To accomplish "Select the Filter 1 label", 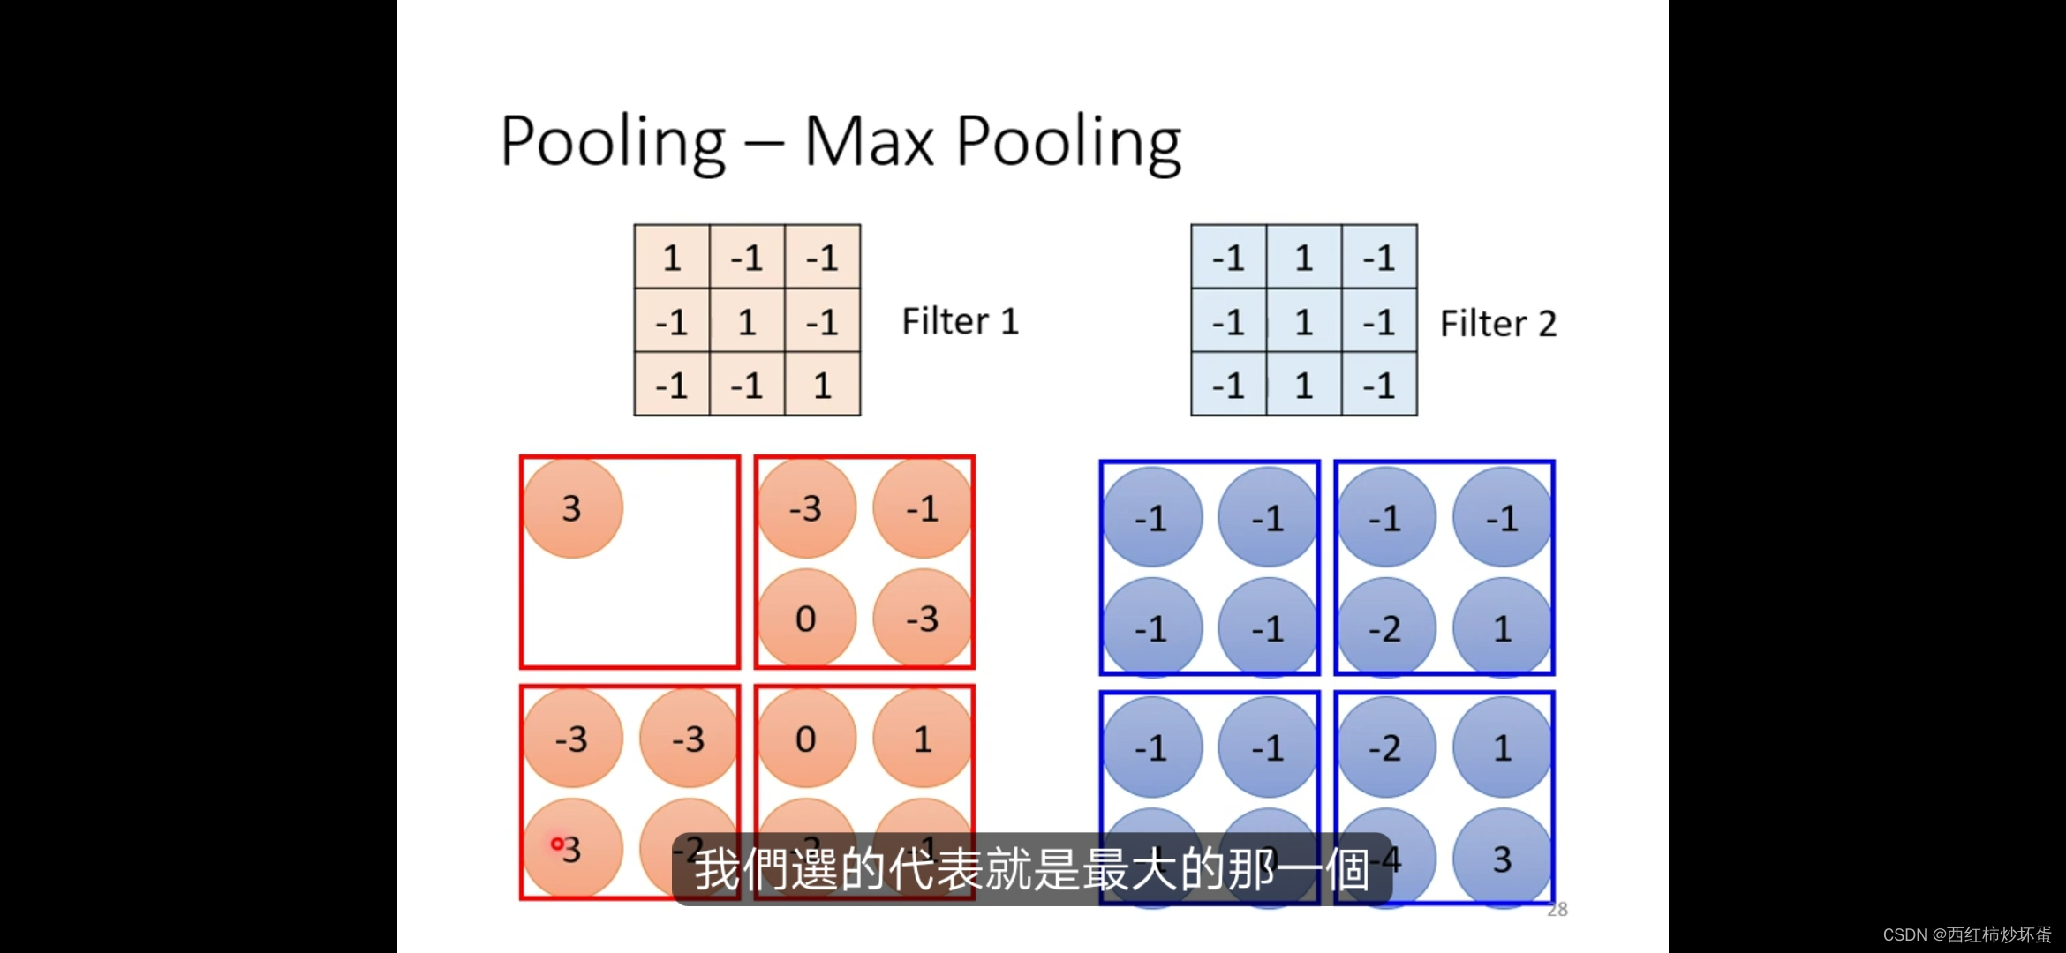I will tap(961, 321).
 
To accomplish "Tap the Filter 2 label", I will tap(1498, 324).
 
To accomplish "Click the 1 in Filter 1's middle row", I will tap(747, 322).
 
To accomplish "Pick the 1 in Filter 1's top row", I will tap(672, 258).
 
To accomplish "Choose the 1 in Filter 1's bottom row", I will tap(822, 386).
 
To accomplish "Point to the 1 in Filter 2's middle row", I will tap(1304, 322).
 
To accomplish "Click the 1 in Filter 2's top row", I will tap(1304, 258).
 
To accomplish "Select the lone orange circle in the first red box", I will tap(572, 508).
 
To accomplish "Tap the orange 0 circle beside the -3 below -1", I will tap(805, 619).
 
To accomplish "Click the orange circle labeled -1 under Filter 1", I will tap(923, 508).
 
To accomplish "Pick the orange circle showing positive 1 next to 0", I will tap(923, 739).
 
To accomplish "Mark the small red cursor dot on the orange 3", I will tap(557, 844).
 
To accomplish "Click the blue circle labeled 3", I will tap(1502, 859).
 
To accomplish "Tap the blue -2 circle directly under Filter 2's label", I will tap(1385, 628).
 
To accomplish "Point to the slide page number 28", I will tap(1557, 910).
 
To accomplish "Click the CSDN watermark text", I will tap(1967, 934).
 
